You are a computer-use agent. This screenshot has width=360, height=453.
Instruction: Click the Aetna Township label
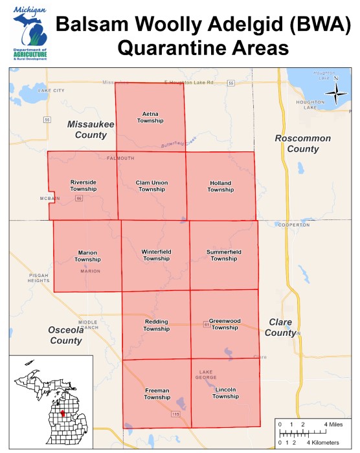pos(150,117)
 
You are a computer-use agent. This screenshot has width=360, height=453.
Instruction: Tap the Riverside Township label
pos(83,185)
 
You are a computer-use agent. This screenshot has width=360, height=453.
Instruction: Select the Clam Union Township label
pos(152,186)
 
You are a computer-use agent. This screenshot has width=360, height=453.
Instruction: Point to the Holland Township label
pos(220,186)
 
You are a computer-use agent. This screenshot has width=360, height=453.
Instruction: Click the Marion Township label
pos(87,256)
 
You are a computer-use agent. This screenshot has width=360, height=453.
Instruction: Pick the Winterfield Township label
pos(155,255)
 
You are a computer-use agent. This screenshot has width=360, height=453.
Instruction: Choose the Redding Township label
pos(156,324)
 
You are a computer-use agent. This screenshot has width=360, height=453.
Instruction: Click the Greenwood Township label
pos(225,324)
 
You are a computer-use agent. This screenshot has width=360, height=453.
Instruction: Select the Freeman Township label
pos(157,393)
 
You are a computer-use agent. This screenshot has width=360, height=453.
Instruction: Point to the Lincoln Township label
pos(225,393)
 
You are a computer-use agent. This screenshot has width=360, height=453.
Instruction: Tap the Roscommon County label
pos(302,143)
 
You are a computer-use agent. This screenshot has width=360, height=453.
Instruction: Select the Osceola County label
pos(65,335)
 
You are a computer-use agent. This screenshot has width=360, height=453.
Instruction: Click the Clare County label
pos(280,327)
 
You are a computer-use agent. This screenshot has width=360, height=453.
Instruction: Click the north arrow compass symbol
pos(335,95)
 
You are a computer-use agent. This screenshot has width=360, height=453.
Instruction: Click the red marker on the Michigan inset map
pos(63,413)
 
